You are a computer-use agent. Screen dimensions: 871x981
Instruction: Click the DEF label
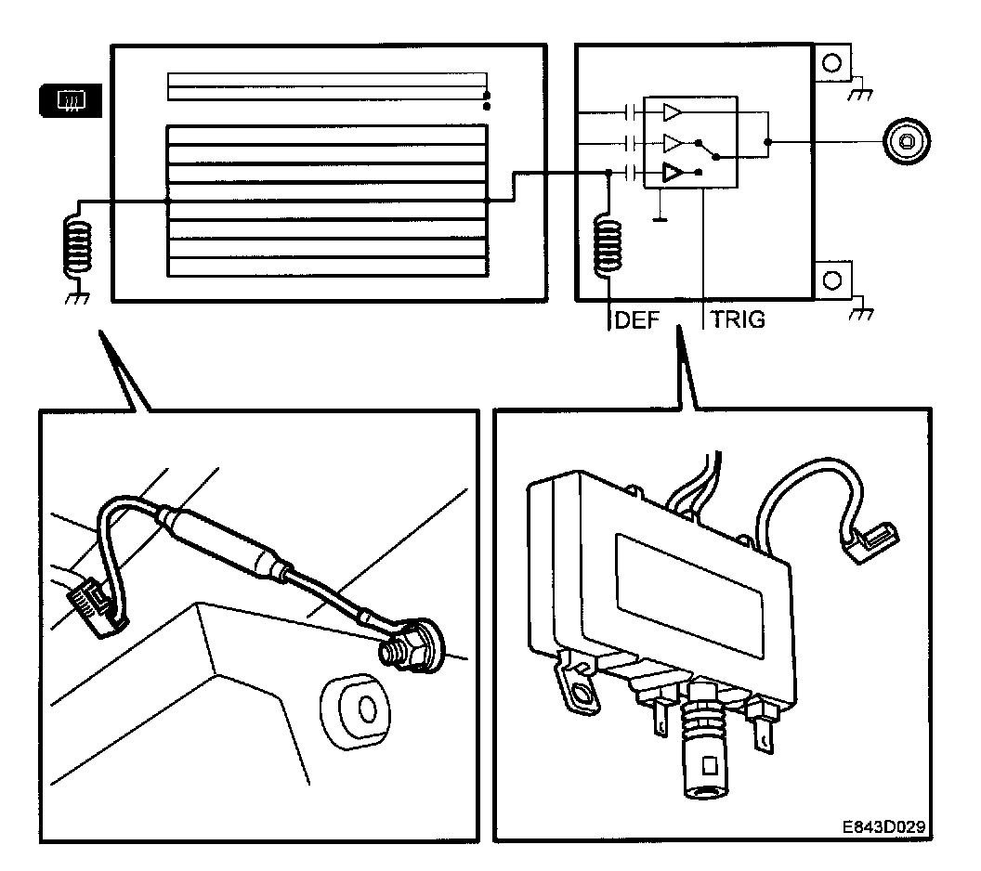tap(636, 321)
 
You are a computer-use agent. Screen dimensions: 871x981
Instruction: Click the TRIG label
tap(739, 321)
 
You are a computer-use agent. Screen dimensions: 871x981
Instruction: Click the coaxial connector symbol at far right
tap(904, 142)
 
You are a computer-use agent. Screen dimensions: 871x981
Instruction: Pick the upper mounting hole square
tap(832, 64)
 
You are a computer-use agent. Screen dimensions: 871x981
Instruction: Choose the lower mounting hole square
tap(832, 279)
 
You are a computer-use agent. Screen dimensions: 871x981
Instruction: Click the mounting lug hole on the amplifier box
tap(582, 692)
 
